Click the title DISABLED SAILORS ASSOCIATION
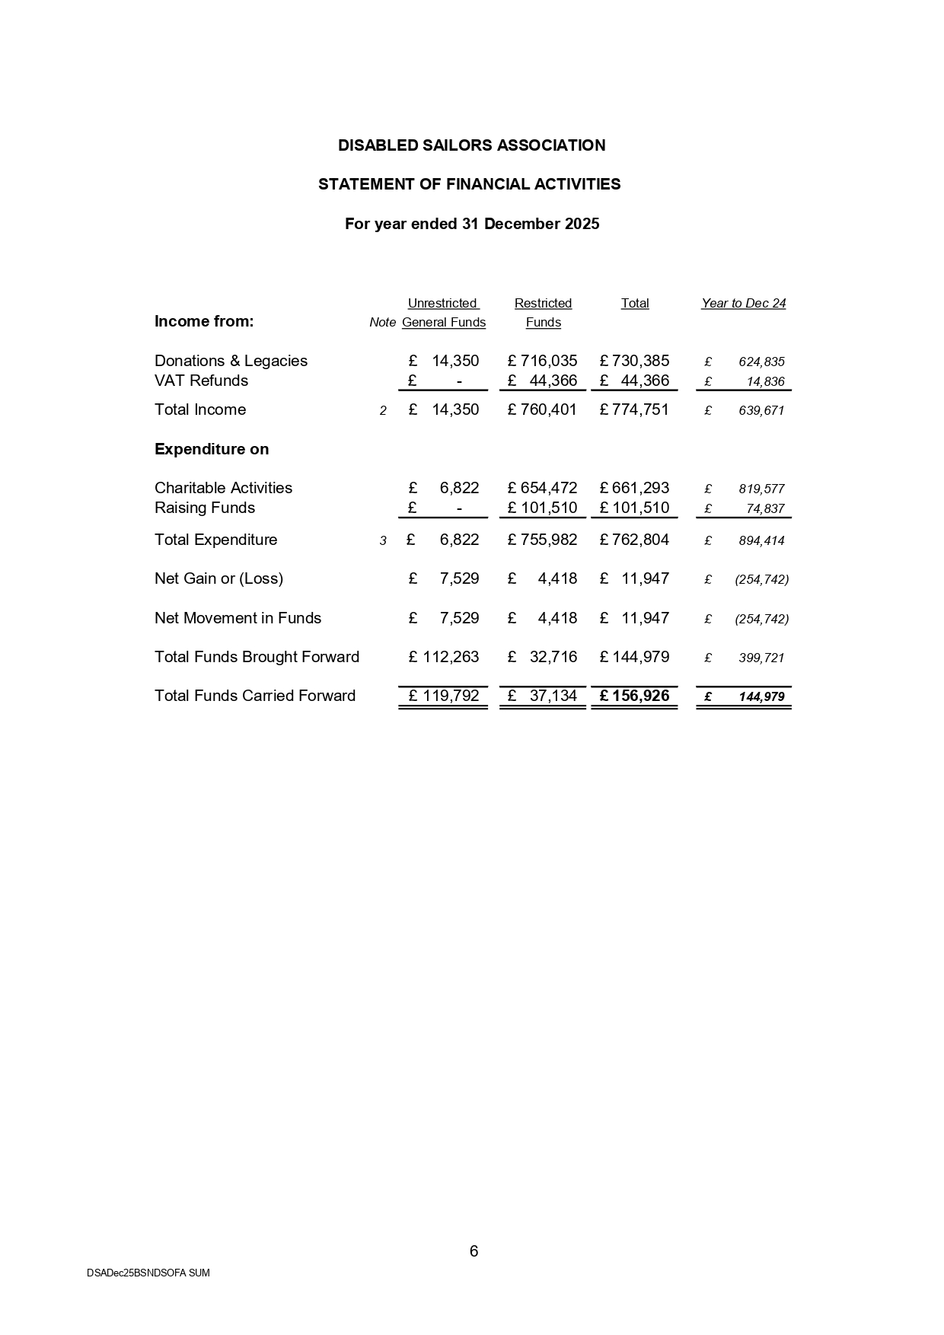(471, 145)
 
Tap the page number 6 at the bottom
(474, 1251)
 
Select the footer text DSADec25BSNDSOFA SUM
(148, 1273)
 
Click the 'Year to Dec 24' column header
(743, 303)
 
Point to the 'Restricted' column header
(543, 303)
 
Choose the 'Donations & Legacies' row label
(231, 361)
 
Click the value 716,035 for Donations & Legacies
(548, 361)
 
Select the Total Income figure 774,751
(639, 409)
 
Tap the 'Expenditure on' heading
(212, 449)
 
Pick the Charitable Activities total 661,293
(639, 488)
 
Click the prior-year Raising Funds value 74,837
(765, 508)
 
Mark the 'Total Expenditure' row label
(215, 540)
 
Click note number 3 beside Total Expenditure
(383, 540)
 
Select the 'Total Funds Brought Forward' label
(257, 657)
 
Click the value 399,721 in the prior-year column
(761, 658)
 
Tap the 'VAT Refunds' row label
(201, 381)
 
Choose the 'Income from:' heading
(204, 321)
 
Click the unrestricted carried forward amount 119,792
(451, 696)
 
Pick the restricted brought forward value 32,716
(553, 657)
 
